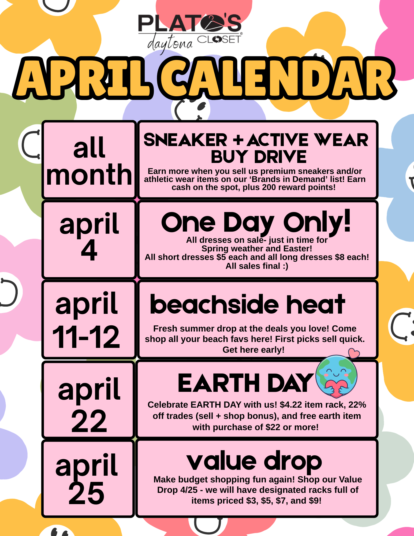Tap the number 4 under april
click(89, 250)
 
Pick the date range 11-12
click(86, 337)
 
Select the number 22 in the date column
click(89, 421)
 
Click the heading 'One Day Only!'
click(256, 222)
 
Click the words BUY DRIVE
click(259, 157)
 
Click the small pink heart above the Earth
click(354, 353)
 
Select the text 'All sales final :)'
click(257, 266)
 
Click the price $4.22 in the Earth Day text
click(291, 405)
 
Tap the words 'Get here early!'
click(253, 350)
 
